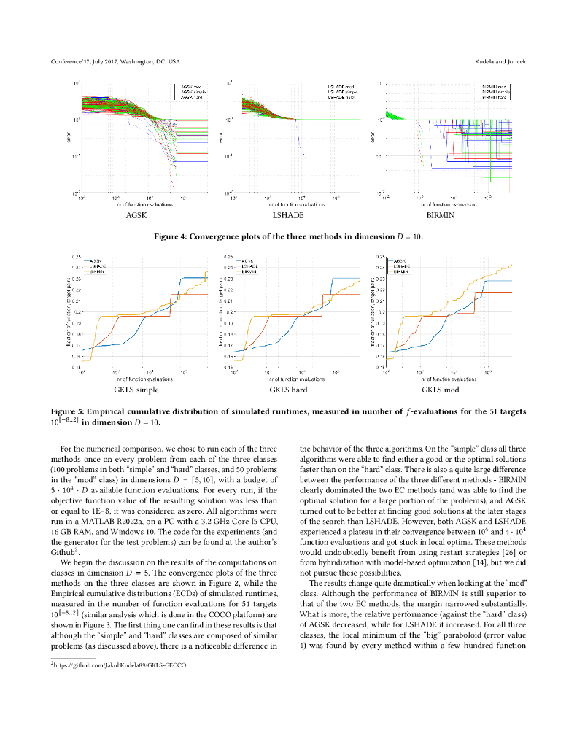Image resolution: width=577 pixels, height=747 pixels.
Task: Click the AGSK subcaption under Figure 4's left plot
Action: [x=136, y=216]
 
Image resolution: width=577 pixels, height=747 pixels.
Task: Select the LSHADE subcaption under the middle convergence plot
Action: [x=288, y=216]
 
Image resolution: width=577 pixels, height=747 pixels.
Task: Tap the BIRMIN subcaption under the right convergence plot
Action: [x=439, y=216]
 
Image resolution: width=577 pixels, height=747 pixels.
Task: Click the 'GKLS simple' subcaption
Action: [x=136, y=390]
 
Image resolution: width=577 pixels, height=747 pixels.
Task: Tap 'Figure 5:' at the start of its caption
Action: [x=67, y=411]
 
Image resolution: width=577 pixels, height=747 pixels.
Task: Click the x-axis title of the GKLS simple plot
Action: [x=144, y=379]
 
